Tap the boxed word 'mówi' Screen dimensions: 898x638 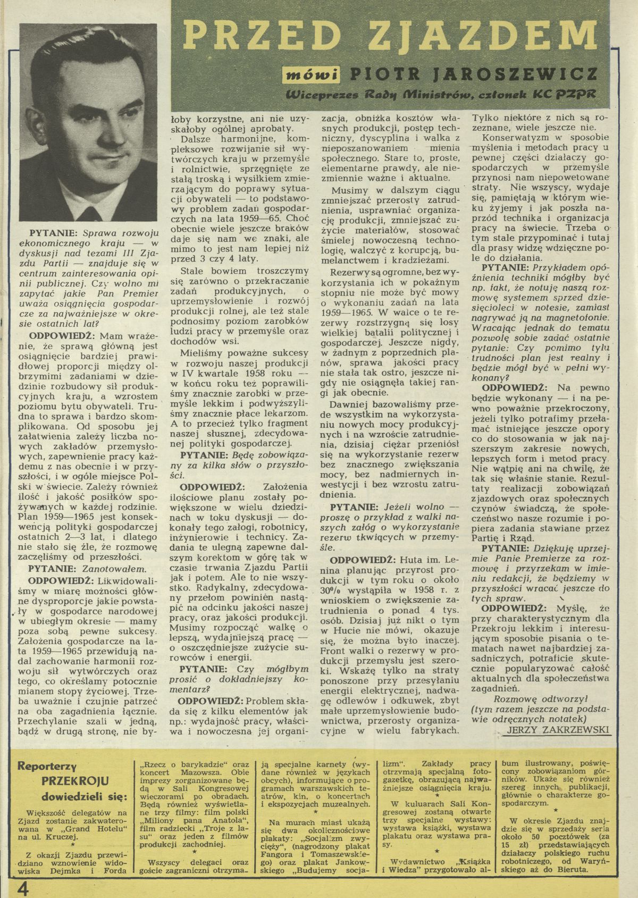click(316, 75)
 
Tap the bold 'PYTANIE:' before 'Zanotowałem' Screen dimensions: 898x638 click(53, 569)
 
